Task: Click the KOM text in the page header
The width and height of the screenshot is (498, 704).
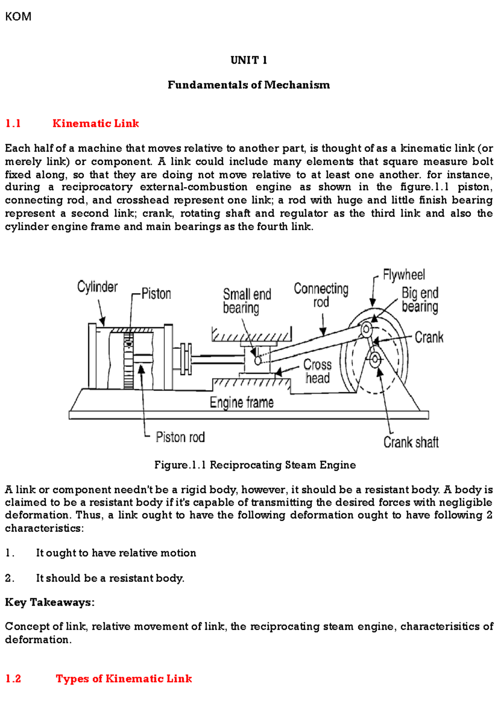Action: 18,17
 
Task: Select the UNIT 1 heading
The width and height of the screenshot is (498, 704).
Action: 249,61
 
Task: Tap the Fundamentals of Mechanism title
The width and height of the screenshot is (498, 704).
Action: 249,85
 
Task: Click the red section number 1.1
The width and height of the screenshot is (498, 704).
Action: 13,124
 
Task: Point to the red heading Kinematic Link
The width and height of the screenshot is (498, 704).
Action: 95,124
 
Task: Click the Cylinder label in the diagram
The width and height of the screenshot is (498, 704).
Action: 97,287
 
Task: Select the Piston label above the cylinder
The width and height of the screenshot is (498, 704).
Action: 156,294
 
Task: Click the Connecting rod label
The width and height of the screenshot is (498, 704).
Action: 321,295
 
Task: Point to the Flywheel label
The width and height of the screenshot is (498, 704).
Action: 403,275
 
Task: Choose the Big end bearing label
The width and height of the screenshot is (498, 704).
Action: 420,300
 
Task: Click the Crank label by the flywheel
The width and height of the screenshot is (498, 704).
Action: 429,337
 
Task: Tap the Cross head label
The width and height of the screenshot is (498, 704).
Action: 317,371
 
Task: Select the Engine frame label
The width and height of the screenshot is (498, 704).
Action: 242,403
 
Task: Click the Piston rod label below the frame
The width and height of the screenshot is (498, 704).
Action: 180,437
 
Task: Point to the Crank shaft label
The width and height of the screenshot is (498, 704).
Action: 410,442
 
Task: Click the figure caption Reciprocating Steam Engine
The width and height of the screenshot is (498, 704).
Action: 255,465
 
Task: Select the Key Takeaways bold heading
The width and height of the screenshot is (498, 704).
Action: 49,602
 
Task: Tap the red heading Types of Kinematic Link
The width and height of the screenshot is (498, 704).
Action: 124,679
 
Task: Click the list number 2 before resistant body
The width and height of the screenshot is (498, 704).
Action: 9,578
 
